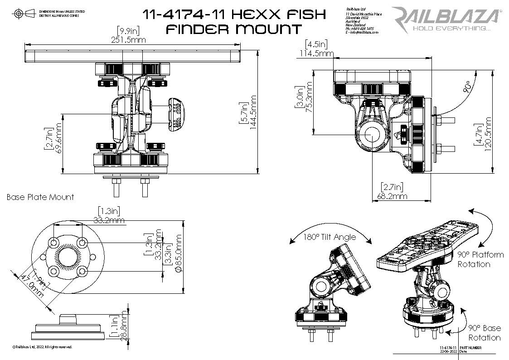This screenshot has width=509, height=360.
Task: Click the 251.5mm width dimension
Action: pos(128,40)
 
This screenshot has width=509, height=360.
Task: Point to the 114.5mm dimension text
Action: pos(316,54)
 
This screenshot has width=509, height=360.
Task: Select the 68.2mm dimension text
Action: pos(392,196)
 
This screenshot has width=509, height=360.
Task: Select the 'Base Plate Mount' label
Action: pos(40,197)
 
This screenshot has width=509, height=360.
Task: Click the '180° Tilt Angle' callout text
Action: pos(330,237)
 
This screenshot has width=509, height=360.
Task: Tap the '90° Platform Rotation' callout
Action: pos(480,259)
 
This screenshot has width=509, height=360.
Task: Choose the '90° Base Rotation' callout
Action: pos(485,333)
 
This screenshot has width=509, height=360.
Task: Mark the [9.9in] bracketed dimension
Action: pos(128,30)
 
